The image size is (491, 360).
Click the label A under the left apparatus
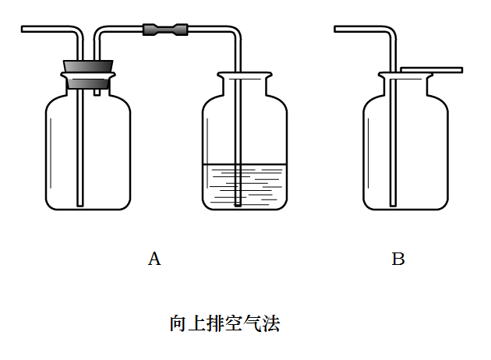(x=154, y=259)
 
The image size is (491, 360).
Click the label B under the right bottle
(x=398, y=259)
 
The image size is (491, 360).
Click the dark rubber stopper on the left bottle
(x=88, y=75)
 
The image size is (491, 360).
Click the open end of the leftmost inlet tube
(x=24, y=30)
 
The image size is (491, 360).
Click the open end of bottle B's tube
(x=337, y=30)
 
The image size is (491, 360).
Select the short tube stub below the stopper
(x=97, y=90)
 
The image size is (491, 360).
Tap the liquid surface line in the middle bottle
(x=244, y=164)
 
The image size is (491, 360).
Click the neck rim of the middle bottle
(x=244, y=76)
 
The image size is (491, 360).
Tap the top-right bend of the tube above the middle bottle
(x=234, y=32)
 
